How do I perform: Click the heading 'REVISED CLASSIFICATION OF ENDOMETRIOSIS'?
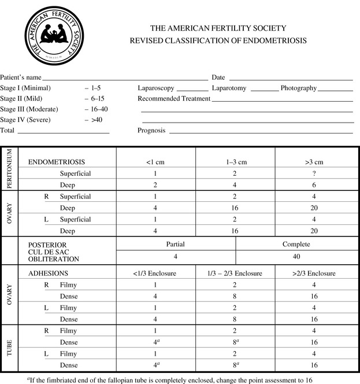click(218, 41)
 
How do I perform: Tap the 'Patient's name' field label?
click(21, 77)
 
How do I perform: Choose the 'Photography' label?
click(298, 88)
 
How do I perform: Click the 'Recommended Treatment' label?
click(173, 98)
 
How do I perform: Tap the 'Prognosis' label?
click(151, 130)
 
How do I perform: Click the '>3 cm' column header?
click(314, 162)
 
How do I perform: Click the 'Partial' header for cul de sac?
click(176, 244)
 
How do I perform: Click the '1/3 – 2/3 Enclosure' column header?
click(235, 272)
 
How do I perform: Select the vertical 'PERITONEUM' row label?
click(10, 168)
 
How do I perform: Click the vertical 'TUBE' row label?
click(10, 350)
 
